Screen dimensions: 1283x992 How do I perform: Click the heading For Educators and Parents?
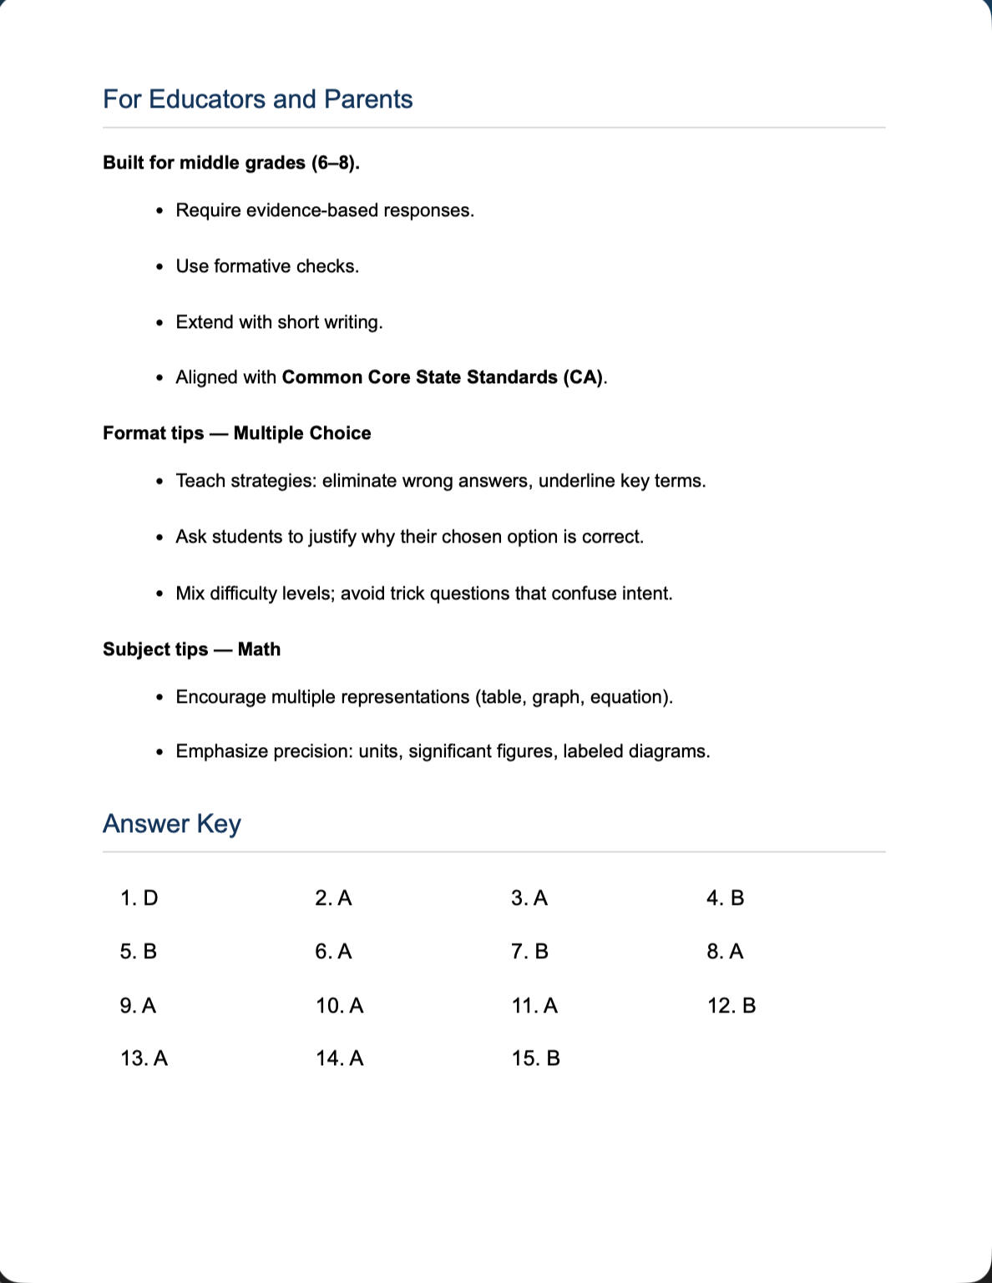pyautogui.click(x=257, y=99)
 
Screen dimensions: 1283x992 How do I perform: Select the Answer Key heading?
pyautogui.click(x=171, y=824)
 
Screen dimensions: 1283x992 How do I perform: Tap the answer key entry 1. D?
pyautogui.click(x=139, y=898)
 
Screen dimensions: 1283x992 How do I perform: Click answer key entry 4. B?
pyautogui.click(x=725, y=898)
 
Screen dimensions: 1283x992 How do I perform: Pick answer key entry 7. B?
pyautogui.click(x=529, y=952)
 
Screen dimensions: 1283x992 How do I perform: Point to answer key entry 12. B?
pyautogui.click(x=731, y=1006)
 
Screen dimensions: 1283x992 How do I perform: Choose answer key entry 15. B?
pyautogui.click(x=535, y=1058)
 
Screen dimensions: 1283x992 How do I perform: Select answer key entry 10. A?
pyautogui.click(x=339, y=1006)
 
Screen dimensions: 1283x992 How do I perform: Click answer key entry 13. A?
pyautogui.click(x=144, y=1058)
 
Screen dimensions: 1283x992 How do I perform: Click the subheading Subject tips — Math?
pyautogui.click(x=191, y=649)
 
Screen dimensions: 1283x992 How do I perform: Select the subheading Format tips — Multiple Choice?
pyautogui.click(x=236, y=433)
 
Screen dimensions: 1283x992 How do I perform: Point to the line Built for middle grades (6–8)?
pyautogui.click(x=230, y=163)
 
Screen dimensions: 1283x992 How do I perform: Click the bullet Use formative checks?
pyautogui.click(x=267, y=266)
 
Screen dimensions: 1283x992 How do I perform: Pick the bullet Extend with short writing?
pyautogui.click(x=279, y=322)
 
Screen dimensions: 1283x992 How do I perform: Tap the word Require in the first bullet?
pyautogui.click(x=208, y=210)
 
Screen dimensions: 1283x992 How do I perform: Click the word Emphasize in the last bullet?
pyautogui.click(x=221, y=751)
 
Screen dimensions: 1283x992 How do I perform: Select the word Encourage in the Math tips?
pyautogui.click(x=220, y=697)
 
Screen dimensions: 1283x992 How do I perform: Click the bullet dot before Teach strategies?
pyautogui.click(x=159, y=482)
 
